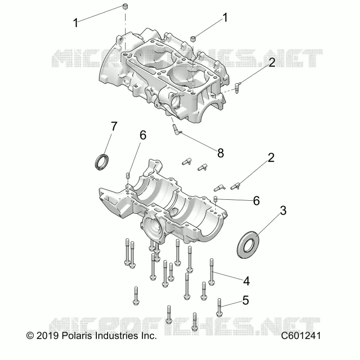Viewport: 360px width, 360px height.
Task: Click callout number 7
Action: (x=114, y=126)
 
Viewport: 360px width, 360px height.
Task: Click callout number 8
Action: (x=220, y=153)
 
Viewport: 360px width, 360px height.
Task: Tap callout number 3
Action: (x=283, y=210)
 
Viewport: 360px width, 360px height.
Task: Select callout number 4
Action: (x=246, y=281)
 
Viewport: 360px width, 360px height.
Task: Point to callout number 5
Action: (x=245, y=300)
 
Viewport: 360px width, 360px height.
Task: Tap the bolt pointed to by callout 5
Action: (x=219, y=308)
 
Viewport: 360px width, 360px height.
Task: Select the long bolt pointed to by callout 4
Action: (x=211, y=272)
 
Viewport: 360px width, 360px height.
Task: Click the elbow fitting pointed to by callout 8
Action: (x=176, y=130)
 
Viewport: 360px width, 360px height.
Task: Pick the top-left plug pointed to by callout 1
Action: (x=126, y=6)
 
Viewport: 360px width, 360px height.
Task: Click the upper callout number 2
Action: (x=272, y=63)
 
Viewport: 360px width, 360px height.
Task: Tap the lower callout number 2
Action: (x=271, y=158)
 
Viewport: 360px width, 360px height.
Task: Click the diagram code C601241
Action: (x=301, y=336)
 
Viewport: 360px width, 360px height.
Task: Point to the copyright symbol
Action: (x=30, y=336)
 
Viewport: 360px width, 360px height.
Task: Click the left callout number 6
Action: (x=143, y=135)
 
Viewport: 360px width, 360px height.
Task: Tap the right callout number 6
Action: (x=256, y=201)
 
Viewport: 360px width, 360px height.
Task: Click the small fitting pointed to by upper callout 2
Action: (x=237, y=87)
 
